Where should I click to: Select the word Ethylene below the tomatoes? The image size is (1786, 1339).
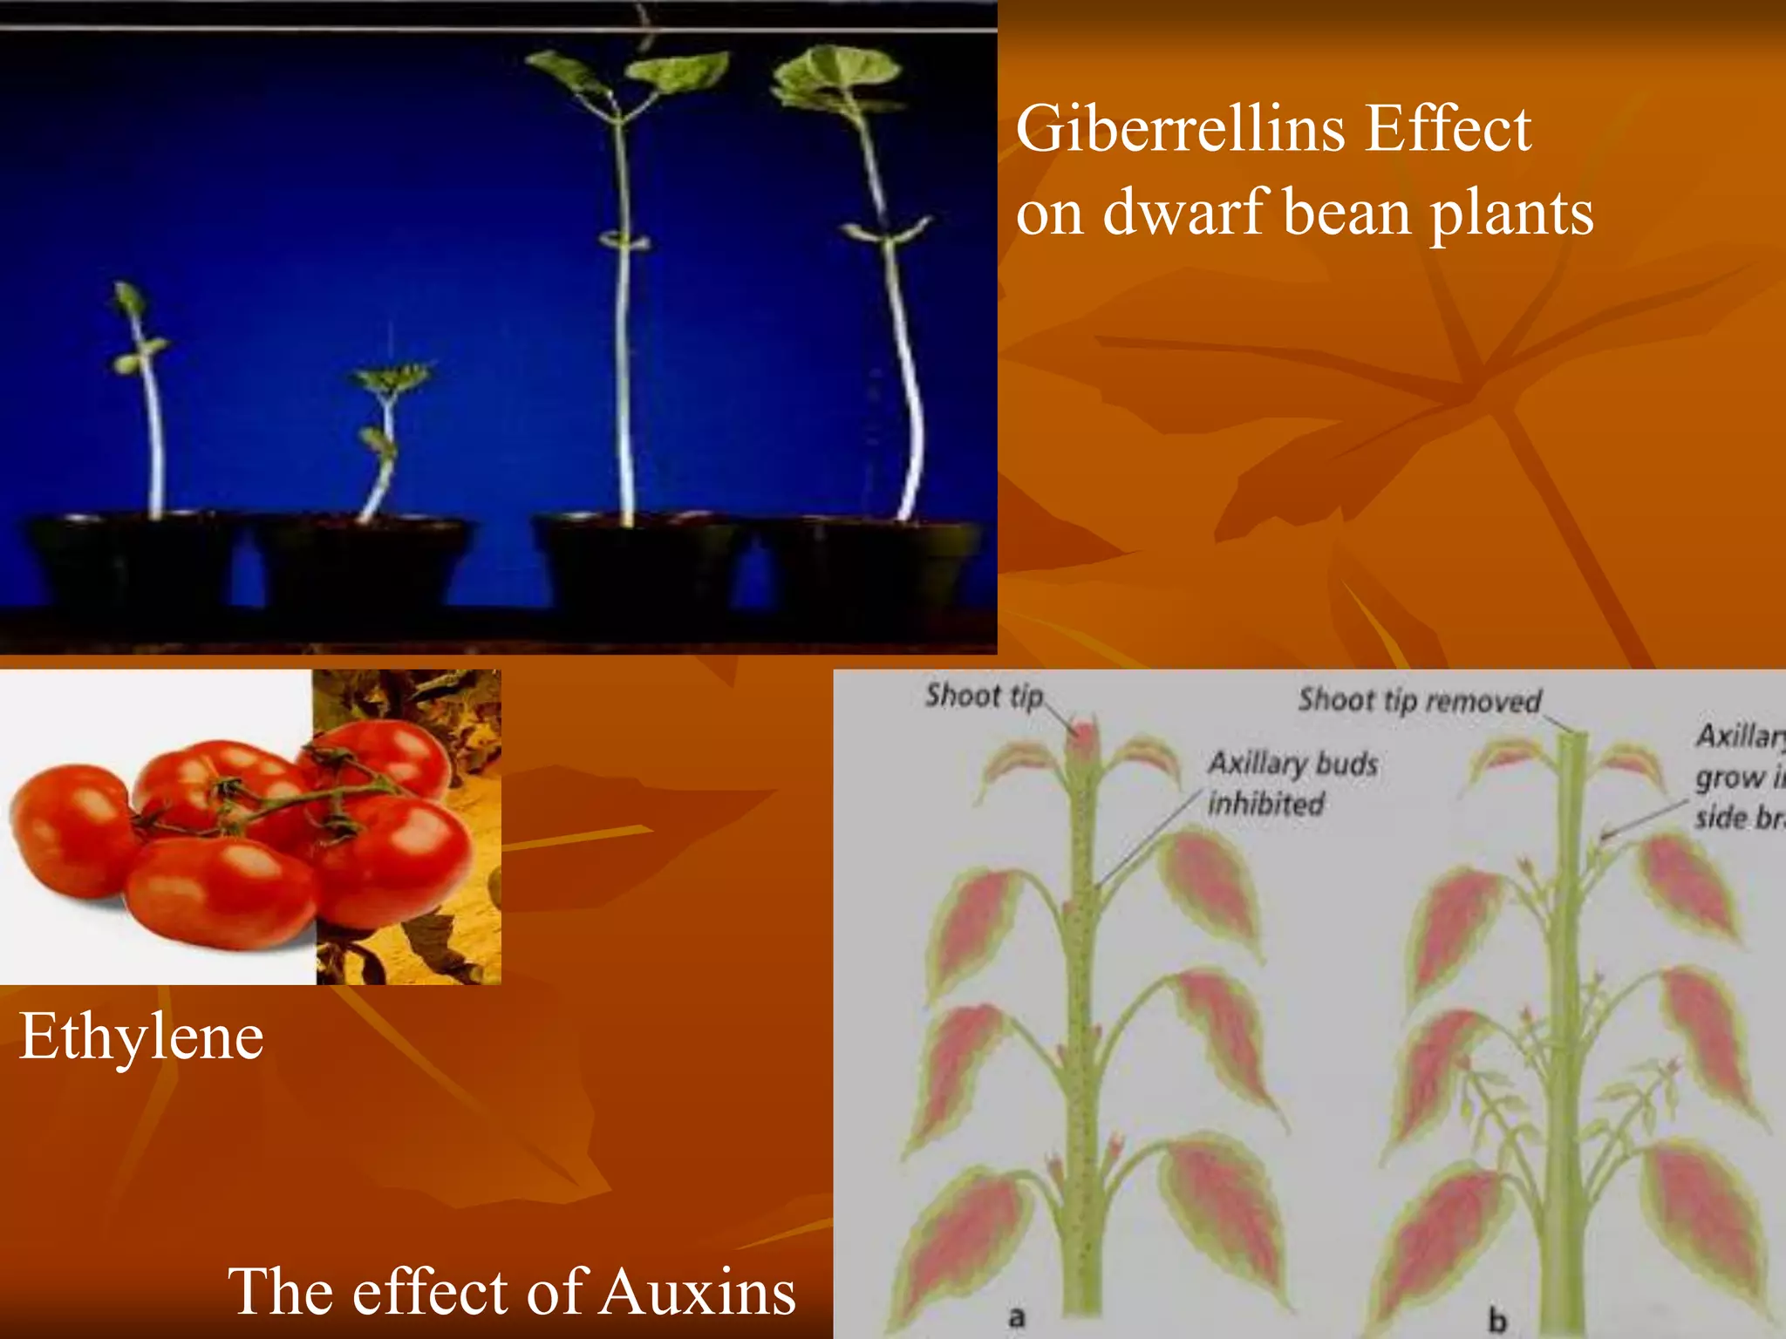point(141,1037)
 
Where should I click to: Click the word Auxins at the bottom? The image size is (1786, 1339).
point(697,1291)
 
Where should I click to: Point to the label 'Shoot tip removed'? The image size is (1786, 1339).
point(1419,700)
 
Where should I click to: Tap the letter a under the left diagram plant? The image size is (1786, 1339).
point(1016,1315)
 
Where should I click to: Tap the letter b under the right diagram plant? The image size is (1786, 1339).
point(1496,1319)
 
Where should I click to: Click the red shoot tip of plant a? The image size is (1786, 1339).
point(1082,737)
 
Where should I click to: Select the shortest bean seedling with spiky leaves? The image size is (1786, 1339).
point(391,380)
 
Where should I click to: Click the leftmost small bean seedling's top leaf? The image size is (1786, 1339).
point(129,296)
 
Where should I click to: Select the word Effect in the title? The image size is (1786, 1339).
point(1448,129)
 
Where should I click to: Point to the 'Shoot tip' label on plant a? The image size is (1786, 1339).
point(984,696)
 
